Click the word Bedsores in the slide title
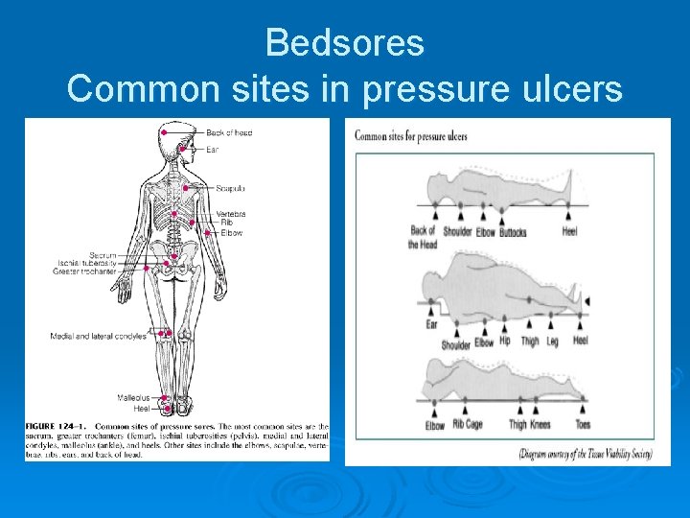pos(344,42)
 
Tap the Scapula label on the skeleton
pos(231,188)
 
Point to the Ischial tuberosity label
pos(87,263)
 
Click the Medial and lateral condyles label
pos(99,336)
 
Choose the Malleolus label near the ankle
pos(133,397)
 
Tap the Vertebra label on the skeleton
pos(231,213)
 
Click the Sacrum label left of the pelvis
pos(103,255)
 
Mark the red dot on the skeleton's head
pos(165,131)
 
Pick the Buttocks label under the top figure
pos(513,232)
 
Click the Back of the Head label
pos(423,237)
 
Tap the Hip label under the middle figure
pos(505,341)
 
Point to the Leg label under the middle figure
pos(553,341)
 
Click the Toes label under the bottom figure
pos(583,424)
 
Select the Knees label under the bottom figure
pos(540,424)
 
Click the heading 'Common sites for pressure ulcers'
pos(411,136)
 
